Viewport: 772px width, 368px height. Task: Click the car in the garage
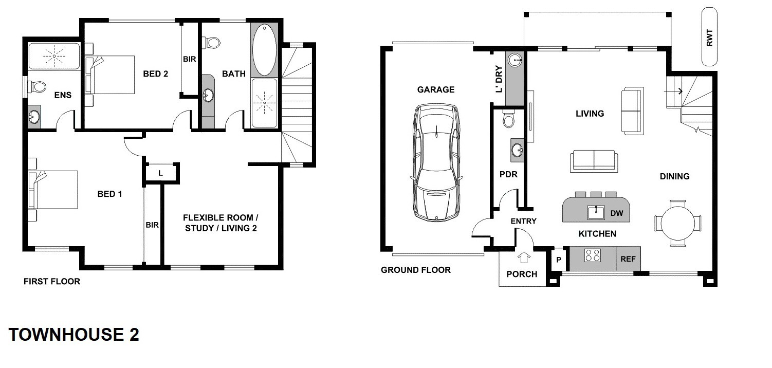pyautogui.click(x=436, y=162)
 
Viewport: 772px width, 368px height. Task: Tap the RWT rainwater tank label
pyautogui.click(x=709, y=38)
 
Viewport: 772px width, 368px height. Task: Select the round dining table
pyautogui.click(x=678, y=223)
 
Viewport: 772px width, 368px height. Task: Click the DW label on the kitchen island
pyautogui.click(x=617, y=213)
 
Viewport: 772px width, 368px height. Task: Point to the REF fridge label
pyautogui.click(x=628, y=259)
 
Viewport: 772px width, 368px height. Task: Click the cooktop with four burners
pyautogui.click(x=593, y=255)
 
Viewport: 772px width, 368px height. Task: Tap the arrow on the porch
pyautogui.click(x=524, y=257)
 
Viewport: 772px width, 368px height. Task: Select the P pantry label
pyautogui.click(x=559, y=260)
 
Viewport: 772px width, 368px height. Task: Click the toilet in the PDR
pyautogui.click(x=508, y=119)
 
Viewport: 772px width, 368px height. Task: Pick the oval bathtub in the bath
pyautogui.click(x=264, y=50)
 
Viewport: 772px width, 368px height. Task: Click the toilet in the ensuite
pyautogui.click(x=37, y=86)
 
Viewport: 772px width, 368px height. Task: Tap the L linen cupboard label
pyautogui.click(x=160, y=173)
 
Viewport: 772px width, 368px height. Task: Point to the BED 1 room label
pyautogui.click(x=110, y=194)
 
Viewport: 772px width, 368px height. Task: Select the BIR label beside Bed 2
pyautogui.click(x=190, y=59)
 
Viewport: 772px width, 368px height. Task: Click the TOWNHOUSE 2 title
pyautogui.click(x=73, y=335)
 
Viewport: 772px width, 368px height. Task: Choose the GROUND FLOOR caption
pyautogui.click(x=416, y=270)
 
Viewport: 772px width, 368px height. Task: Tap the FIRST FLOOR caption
pyautogui.click(x=52, y=282)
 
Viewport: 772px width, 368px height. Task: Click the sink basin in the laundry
pyautogui.click(x=515, y=60)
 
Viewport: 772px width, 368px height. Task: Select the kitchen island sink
pyautogui.click(x=596, y=213)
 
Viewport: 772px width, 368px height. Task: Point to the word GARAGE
pyautogui.click(x=436, y=89)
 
